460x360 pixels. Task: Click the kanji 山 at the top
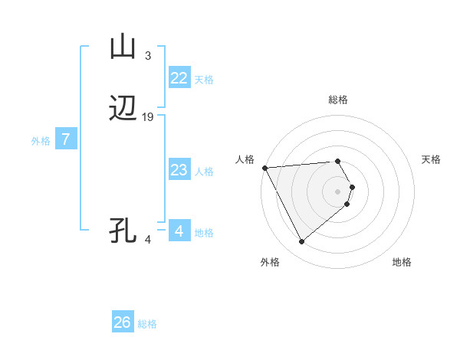coord(123,47)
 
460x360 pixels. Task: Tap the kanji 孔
coord(123,231)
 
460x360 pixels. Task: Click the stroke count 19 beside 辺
coord(148,117)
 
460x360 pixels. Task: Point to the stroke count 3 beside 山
coord(148,55)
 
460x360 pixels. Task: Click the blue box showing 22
coord(179,78)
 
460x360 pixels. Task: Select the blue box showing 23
coord(179,170)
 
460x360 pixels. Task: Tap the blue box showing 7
coord(66,140)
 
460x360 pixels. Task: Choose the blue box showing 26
coord(123,322)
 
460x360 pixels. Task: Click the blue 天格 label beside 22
coord(204,79)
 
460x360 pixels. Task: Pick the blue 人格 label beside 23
coord(204,171)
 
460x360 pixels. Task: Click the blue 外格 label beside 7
coord(41,141)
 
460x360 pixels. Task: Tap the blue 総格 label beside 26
coord(147,324)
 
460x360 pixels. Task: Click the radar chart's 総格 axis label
coord(338,100)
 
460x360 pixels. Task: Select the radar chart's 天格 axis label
coord(432,159)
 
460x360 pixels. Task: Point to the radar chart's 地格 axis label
coord(402,262)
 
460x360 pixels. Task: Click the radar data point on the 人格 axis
coord(264,168)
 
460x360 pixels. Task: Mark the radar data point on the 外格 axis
coord(301,242)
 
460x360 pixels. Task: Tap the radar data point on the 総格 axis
coord(338,161)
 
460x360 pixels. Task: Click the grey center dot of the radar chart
coord(338,191)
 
